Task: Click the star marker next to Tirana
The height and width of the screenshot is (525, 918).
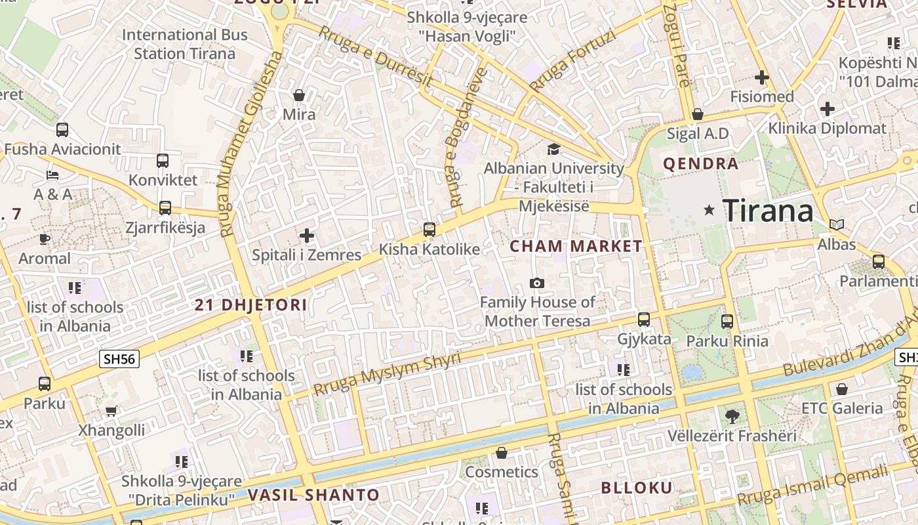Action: tap(709, 211)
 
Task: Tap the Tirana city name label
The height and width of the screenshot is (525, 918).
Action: tap(768, 211)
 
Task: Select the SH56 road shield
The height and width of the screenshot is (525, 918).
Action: tap(119, 359)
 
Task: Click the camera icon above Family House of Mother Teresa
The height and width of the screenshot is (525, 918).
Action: tap(537, 283)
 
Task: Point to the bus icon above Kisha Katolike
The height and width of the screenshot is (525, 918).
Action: tap(429, 230)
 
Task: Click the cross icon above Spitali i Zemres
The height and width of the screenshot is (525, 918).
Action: tap(306, 235)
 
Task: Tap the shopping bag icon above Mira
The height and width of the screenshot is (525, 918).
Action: tap(299, 96)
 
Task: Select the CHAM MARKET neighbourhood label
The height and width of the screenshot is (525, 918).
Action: tap(576, 247)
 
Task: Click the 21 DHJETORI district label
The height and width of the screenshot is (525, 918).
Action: tap(251, 305)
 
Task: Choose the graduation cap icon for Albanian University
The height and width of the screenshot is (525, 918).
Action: tap(553, 149)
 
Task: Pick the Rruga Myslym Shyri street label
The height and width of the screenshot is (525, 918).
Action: tap(387, 374)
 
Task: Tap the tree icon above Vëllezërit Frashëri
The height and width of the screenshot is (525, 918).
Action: tap(732, 416)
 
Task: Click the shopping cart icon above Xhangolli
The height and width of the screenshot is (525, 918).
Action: tap(111, 411)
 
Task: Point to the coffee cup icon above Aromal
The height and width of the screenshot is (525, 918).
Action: tap(45, 239)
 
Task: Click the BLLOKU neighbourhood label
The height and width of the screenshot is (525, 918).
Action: tap(637, 488)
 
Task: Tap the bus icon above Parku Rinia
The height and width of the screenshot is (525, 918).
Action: tap(727, 322)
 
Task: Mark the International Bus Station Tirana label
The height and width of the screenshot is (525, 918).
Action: tap(185, 44)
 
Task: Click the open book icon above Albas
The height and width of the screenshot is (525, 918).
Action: tap(836, 224)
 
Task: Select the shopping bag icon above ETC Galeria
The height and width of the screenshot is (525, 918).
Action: tap(842, 388)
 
